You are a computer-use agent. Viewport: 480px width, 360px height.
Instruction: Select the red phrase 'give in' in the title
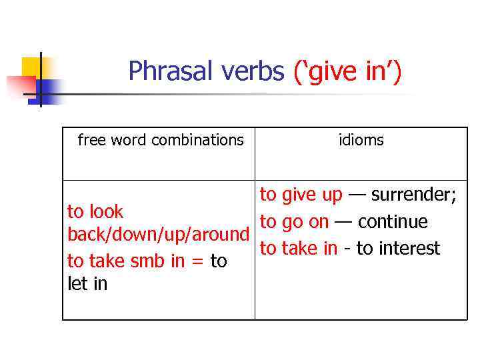(x=347, y=71)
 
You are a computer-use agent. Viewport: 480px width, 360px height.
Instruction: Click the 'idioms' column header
(x=361, y=140)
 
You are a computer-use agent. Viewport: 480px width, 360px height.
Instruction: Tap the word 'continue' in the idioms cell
(x=393, y=221)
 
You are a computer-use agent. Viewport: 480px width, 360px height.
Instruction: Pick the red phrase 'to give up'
(x=301, y=195)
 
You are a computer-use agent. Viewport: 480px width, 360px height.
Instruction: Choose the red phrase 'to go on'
(x=294, y=221)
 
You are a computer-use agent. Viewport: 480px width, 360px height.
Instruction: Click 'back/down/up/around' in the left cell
(x=159, y=235)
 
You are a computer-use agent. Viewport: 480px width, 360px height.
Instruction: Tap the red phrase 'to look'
(x=95, y=212)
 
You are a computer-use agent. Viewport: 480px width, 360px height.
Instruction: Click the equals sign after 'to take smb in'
(x=197, y=261)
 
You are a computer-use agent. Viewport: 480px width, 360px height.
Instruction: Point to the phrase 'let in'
(x=87, y=284)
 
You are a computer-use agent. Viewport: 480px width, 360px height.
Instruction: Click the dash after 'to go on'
(x=343, y=221)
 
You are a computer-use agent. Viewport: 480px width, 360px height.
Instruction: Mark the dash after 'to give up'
(x=357, y=195)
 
